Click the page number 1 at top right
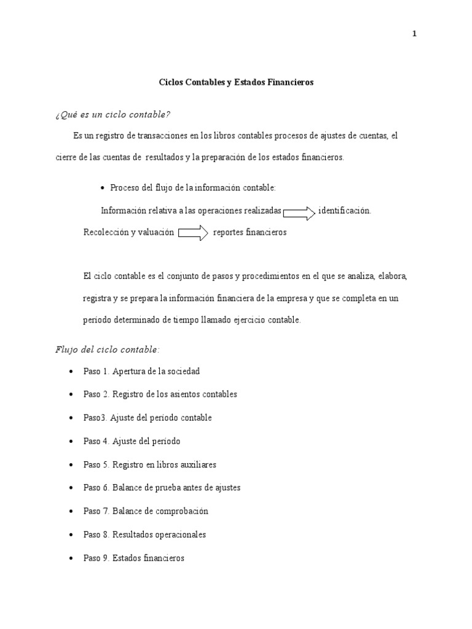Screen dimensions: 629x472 coord(414,34)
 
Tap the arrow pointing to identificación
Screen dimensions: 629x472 coord(299,213)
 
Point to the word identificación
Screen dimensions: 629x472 coord(344,211)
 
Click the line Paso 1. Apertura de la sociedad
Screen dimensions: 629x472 coord(141,372)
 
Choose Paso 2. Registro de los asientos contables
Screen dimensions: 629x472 coord(160,394)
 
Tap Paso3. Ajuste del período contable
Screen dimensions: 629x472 coord(147,418)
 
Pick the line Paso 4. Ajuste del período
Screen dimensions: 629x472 coord(132,441)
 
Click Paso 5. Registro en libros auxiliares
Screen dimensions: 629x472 coord(149,464)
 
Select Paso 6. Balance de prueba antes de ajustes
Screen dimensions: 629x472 coord(162,488)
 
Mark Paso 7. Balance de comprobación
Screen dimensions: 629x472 coord(146,511)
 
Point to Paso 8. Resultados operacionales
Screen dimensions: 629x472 coord(144,534)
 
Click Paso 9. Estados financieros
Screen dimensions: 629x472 coord(133,558)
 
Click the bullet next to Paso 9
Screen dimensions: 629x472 coord(73,559)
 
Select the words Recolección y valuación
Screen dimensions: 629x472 coord(128,233)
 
